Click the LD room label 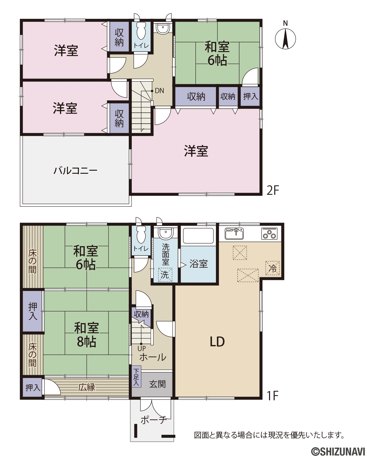tap(217, 342)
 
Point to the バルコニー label tap(75, 171)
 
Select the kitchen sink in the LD tap(234, 234)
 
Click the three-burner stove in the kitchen tap(269, 234)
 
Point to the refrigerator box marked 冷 tap(272, 268)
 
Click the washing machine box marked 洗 tap(165, 275)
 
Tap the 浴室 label tap(198, 264)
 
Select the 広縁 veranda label tap(87, 387)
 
